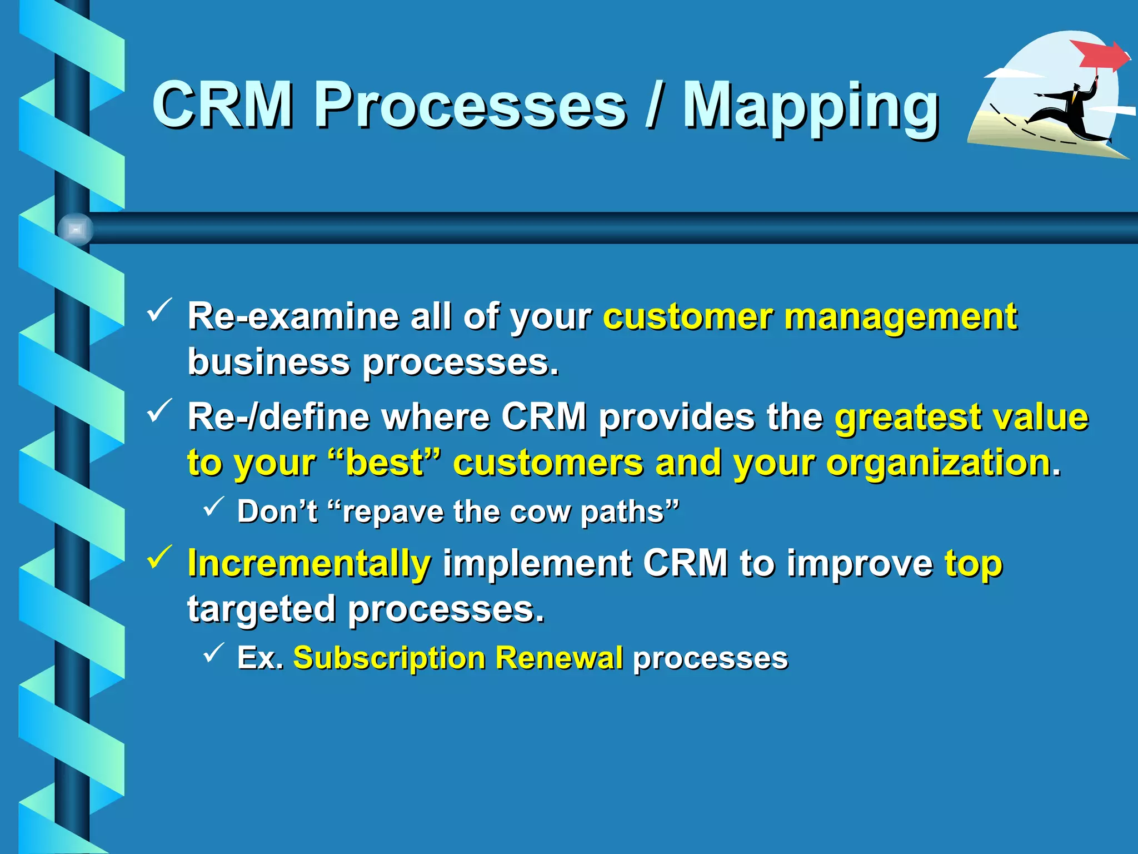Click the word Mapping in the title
(x=810, y=107)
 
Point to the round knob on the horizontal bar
(x=75, y=229)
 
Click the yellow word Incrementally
(x=309, y=563)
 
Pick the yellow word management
(x=900, y=317)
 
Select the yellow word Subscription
(x=389, y=658)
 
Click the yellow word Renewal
(x=558, y=658)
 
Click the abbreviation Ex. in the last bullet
(x=260, y=658)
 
